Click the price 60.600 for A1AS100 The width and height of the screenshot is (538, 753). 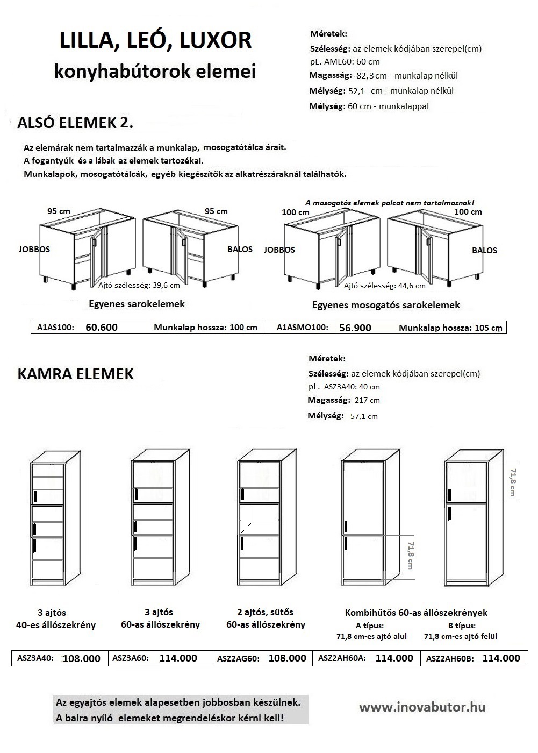tap(102, 327)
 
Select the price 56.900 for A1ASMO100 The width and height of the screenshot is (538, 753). tap(355, 328)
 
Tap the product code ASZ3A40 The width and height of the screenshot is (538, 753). tap(36, 658)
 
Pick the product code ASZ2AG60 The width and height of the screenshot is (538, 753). tap(238, 658)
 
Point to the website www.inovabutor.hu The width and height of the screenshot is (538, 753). tap(422, 707)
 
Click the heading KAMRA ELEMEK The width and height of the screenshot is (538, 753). tap(75, 374)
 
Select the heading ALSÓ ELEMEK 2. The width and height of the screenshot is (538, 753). tap(75, 123)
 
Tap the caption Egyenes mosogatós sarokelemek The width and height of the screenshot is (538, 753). tap(386, 305)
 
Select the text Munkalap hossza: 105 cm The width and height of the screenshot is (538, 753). tap(450, 328)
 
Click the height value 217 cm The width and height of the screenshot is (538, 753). tap(367, 400)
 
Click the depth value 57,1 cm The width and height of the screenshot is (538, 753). tap(364, 416)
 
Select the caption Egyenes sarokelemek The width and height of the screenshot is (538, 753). tap(137, 304)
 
